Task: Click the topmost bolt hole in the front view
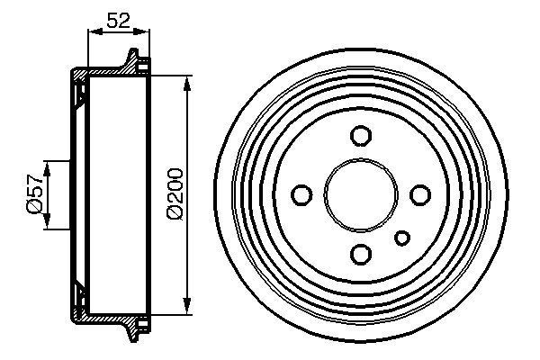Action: click(x=360, y=136)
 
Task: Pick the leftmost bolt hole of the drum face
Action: click(x=301, y=194)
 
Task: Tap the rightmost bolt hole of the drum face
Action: click(x=418, y=194)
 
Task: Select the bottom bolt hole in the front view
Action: click(x=360, y=253)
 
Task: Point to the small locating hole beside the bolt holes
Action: click(x=403, y=238)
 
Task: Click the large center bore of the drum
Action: click(x=360, y=194)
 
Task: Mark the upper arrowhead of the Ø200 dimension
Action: click(x=186, y=84)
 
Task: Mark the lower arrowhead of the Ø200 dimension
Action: click(x=186, y=304)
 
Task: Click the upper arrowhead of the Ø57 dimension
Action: click(x=46, y=165)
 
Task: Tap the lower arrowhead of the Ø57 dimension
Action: click(x=46, y=224)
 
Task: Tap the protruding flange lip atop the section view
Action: click(x=136, y=61)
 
